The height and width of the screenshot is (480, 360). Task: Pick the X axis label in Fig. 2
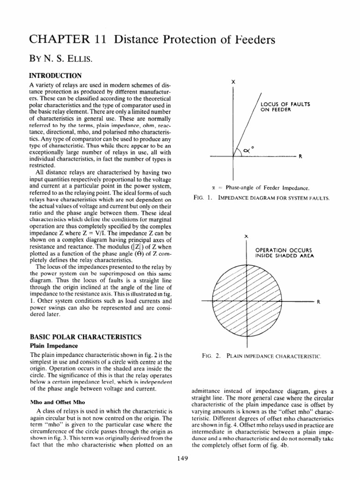(246, 236)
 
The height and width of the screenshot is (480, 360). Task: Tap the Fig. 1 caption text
(261, 198)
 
